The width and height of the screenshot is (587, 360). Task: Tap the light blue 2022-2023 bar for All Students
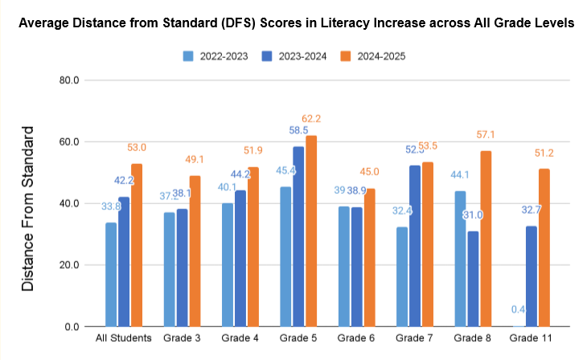(x=111, y=274)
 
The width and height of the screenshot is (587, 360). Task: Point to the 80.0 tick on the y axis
(x=69, y=80)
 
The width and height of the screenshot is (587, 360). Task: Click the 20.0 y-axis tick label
(x=69, y=265)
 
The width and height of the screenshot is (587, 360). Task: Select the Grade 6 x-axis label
(x=357, y=338)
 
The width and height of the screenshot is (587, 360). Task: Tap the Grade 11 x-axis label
(x=532, y=338)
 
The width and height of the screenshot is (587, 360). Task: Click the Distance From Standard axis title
(x=28, y=207)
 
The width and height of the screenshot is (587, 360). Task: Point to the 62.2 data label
(x=310, y=119)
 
